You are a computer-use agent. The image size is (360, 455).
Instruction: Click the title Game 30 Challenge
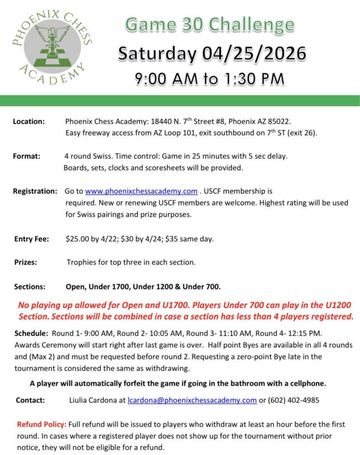210,25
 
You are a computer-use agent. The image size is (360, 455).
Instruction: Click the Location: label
29,121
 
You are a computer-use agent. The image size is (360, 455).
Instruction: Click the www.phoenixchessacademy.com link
141,191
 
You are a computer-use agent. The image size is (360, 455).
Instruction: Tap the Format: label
26,156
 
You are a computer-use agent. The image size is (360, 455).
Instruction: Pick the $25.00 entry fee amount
80,239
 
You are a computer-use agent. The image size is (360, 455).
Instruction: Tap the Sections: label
30,287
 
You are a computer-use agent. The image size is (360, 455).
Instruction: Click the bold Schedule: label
31,333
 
